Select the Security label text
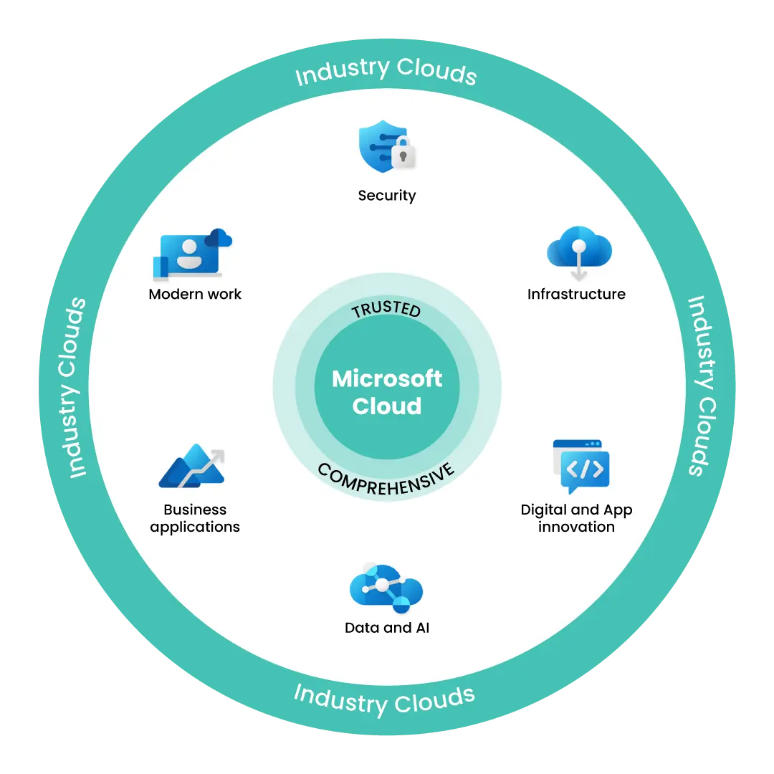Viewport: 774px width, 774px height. coord(387,195)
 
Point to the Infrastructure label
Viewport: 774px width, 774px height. coord(576,294)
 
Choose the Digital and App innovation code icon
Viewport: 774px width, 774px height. coord(580,467)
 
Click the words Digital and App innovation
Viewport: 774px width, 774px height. coord(576,518)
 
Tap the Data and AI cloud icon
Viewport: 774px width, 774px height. coord(386,587)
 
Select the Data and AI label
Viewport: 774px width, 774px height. coord(387,628)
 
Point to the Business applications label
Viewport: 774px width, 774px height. coord(195,518)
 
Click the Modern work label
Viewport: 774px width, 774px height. coord(195,294)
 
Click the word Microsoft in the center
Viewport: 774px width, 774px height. coord(387,378)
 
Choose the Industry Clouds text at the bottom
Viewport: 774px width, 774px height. coord(385,699)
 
